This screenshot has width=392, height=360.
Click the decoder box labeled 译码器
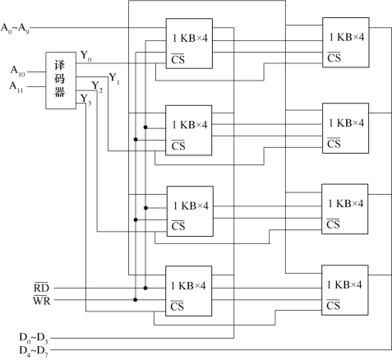(x=61, y=81)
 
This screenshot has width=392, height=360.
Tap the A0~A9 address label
(x=15, y=29)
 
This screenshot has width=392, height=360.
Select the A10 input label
(x=18, y=71)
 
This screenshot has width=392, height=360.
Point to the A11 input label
(x=16, y=87)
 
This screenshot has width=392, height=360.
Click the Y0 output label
(x=86, y=56)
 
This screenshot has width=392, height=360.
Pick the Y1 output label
(x=114, y=78)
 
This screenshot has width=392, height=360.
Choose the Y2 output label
(x=97, y=87)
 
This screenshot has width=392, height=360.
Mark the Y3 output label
(x=86, y=99)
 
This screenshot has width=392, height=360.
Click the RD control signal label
(x=41, y=287)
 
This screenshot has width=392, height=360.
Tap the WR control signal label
(x=42, y=300)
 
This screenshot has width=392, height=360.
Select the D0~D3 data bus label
(x=34, y=338)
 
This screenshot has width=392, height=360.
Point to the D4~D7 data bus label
(x=34, y=351)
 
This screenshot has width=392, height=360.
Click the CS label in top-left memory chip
(x=178, y=59)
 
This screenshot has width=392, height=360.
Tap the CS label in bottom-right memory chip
(x=333, y=305)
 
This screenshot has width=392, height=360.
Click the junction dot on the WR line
(x=136, y=300)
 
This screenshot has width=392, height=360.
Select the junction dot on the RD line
(x=145, y=288)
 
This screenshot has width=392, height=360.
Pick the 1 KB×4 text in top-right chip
(x=347, y=37)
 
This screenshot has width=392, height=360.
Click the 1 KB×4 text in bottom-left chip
(x=188, y=286)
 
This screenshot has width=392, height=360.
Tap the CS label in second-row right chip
(x=334, y=143)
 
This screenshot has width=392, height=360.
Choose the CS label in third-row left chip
(x=178, y=226)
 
